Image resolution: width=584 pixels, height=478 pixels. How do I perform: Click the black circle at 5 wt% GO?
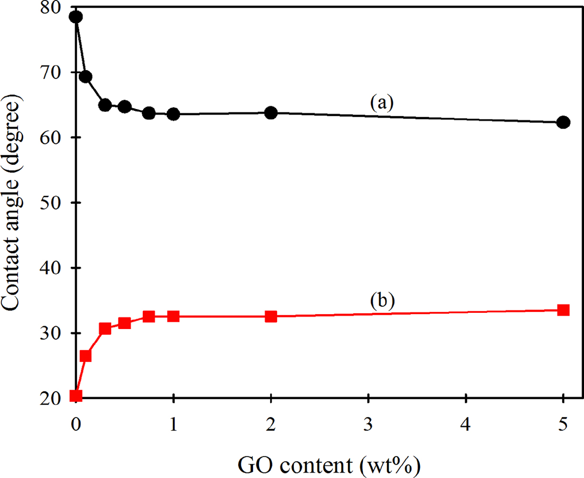coord(563,122)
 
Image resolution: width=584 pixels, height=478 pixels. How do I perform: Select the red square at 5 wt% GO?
coord(563,310)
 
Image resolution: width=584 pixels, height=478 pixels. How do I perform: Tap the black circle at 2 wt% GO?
coord(271,113)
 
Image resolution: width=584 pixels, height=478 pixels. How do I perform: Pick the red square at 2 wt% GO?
coord(271,317)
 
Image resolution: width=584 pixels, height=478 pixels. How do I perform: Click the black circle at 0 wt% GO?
coord(76,17)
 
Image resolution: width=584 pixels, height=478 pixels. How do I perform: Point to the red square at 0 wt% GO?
coord(76,396)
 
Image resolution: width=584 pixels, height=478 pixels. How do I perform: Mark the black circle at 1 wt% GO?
coord(173,114)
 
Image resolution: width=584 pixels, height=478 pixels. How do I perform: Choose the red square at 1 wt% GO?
coord(173,317)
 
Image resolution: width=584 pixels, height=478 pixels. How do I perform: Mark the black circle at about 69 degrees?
coord(86,77)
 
